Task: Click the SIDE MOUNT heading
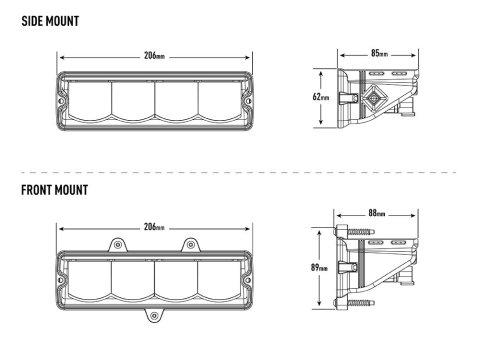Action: (x=50, y=21)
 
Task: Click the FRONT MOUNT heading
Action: (x=54, y=190)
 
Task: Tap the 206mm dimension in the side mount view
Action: (x=154, y=55)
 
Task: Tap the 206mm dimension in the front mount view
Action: (x=154, y=227)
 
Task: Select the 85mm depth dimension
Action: (x=379, y=53)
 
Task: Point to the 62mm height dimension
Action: (x=321, y=97)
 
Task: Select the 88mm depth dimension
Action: (x=377, y=213)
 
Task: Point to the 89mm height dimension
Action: (x=319, y=267)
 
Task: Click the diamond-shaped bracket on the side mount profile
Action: (x=374, y=98)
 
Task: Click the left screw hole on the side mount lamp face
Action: (x=61, y=100)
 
